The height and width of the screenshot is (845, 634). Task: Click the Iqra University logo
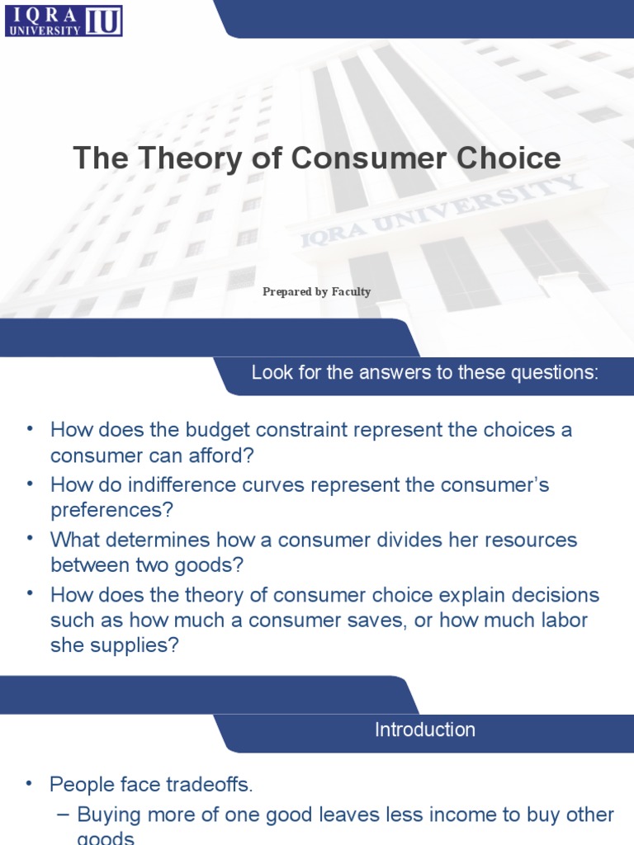point(64,20)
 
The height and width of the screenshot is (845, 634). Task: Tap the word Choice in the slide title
point(510,158)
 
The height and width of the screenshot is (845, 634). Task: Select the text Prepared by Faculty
point(317,292)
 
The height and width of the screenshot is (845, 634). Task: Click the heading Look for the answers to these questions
point(424,373)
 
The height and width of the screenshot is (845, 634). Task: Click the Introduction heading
point(424,730)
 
